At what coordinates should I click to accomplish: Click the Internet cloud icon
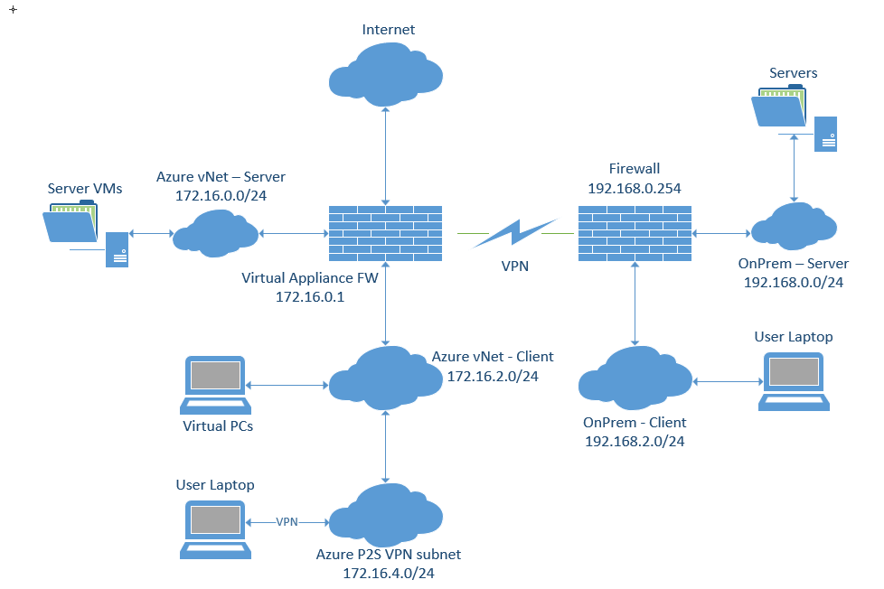click(386, 70)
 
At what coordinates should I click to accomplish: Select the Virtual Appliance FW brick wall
click(386, 234)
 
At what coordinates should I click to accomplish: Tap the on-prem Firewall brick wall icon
click(635, 234)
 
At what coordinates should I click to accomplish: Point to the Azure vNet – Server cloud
click(214, 231)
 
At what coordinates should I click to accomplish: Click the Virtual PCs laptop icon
click(213, 384)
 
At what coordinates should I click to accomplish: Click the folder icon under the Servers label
click(779, 108)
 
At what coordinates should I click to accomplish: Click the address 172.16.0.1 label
click(309, 295)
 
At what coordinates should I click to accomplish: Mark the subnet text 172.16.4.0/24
click(388, 572)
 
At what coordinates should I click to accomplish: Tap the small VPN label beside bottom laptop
click(287, 522)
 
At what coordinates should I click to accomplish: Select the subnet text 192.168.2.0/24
click(635, 441)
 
